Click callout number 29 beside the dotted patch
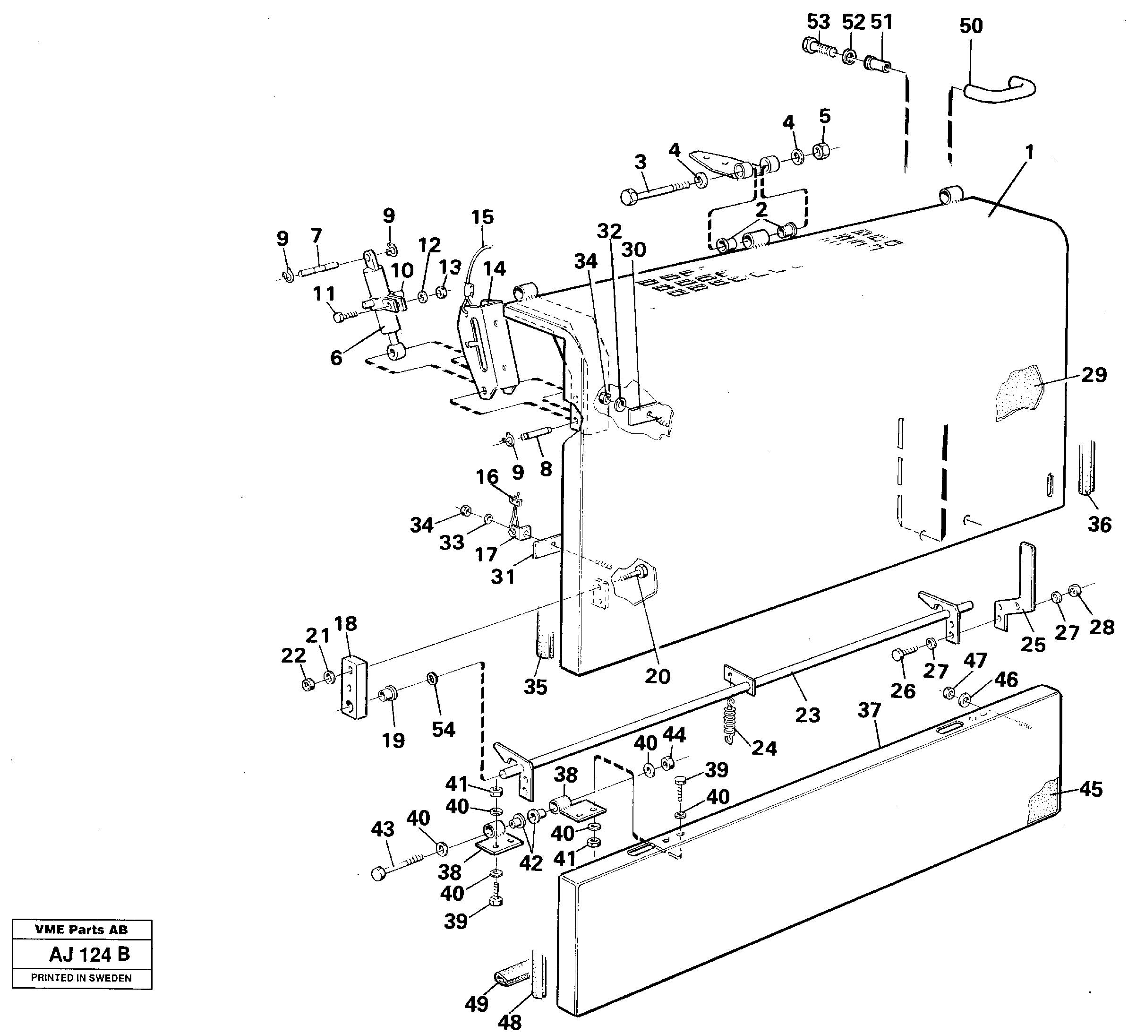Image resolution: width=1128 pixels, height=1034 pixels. coord(1094,375)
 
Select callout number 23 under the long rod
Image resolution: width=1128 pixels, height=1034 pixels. coord(807,715)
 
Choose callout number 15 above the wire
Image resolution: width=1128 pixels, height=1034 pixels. coord(482,217)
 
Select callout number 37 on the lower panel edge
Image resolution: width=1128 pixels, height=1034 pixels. coord(870,710)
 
